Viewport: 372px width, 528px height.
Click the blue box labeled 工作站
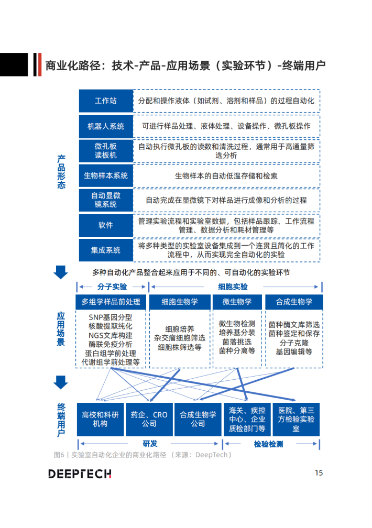pyautogui.click(x=106, y=101)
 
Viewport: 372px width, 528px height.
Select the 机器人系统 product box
pyautogui.click(x=106, y=126)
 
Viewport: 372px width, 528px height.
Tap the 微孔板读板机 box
pyautogui.click(x=106, y=150)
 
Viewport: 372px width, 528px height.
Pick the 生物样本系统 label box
pyautogui.click(x=106, y=175)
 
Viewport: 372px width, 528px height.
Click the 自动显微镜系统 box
pyautogui.click(x=106, y=200)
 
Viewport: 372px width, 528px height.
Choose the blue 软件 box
pyautogui.click(x=106, y=225)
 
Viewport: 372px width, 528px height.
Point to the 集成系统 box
pyautogui.click(x=106, y=250)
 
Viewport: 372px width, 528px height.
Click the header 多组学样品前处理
pyautogui.click(x=111, y=302)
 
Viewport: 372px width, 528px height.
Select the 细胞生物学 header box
pyautogui.click(x=180, y=302)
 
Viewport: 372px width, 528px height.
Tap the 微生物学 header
pyautogui.click(x=237, y=302)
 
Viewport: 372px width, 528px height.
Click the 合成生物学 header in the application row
pyautogui.click(x=294, y=302)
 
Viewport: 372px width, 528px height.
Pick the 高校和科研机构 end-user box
pyautogui.click(x=101, y=419)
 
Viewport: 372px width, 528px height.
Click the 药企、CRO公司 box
pyautogui.click(x=149, y=419)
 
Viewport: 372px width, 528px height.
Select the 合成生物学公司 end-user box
pyautogui.click(x=198, y=419)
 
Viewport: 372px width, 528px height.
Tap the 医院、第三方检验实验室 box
pyautogui.click(x=296, y=419)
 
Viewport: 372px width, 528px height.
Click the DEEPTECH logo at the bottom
pyautogui.click(x=80, y=474)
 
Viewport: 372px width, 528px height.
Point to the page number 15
pyautogui.click(x=319, y=473)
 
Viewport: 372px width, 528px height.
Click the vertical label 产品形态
pyautogui.click(x=61, y=172)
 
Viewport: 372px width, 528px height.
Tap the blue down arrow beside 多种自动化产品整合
pyautogui.click(x=61, y=272)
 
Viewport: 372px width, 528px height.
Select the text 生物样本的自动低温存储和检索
pyautogui.click(x=226, y=176)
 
